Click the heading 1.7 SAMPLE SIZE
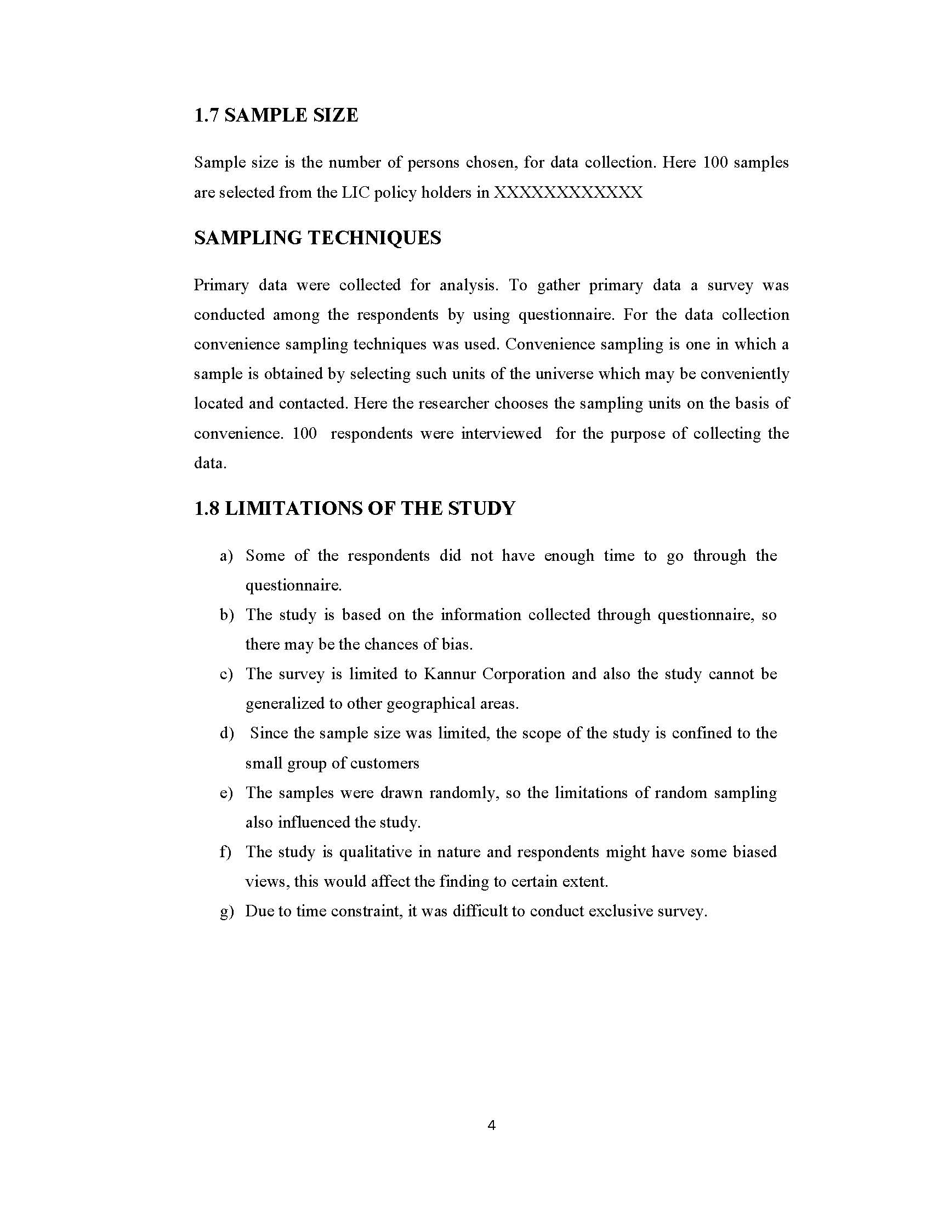[x=276, y=116]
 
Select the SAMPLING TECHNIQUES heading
[x=317, y=238]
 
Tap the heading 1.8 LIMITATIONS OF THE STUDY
[x=354, y=508]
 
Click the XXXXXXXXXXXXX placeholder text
[x=568, y=193]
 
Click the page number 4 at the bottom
[x=491, y=1126]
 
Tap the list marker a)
[x=226, y=556]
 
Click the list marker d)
[x=226, y=734]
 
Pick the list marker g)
[x=226, y=911]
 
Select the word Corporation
[x=524, y=674]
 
